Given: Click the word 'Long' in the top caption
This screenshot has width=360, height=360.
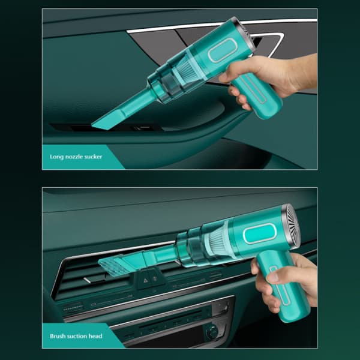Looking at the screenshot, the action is click(x=56, y=157).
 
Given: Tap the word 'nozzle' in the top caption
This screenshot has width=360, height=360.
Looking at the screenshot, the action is click(x=75, y=157).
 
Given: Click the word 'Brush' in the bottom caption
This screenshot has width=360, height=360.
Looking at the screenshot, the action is click(x=57, y=336).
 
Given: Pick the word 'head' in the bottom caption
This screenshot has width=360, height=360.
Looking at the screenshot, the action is click(x=95, y=336).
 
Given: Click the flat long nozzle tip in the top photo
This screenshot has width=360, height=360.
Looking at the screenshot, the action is click(x=108, y=119).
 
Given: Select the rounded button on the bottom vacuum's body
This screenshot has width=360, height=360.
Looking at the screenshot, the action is click(x=259, y=233).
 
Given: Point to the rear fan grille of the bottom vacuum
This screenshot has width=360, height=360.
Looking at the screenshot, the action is click(x=291, y=226).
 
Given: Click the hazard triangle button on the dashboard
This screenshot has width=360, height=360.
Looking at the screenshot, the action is click(x=145, y=281).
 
